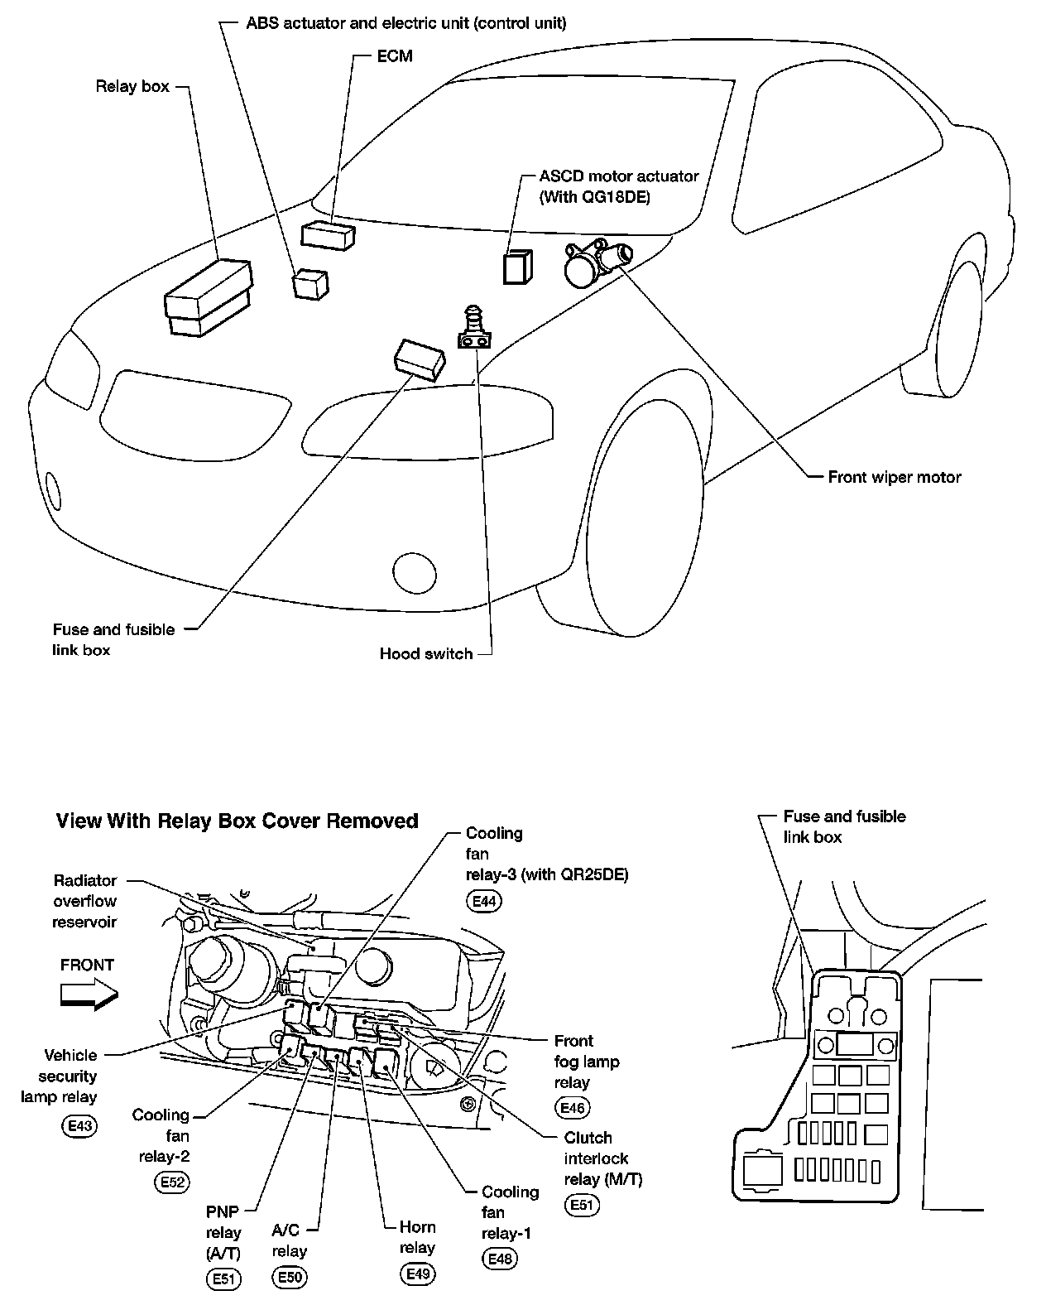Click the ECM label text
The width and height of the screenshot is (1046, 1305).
(x=394, y=56)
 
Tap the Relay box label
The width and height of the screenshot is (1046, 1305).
(x=132, y=86)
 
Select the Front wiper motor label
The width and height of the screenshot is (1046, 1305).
(x=894, y=477)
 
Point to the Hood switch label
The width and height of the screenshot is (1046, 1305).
(x=425, y=653)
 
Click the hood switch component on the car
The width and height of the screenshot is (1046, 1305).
(x=474, y=329)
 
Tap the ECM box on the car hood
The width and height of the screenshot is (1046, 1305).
(x=329, y=234)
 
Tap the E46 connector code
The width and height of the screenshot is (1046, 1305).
(x=573, y=1108)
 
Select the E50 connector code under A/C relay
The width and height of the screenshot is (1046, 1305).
(x=289, y=1278)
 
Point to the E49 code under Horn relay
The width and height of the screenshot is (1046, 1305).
(x=417, y=1274)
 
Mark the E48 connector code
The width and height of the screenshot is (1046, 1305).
(x=500, y=1259)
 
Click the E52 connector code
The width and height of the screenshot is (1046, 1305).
(x=172, y=1182)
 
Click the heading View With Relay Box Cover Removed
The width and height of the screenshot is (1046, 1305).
(x=237, y=821)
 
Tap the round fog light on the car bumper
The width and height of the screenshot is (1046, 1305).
(x=414, y=572)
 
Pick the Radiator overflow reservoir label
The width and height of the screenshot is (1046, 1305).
(x=84, y=901)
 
